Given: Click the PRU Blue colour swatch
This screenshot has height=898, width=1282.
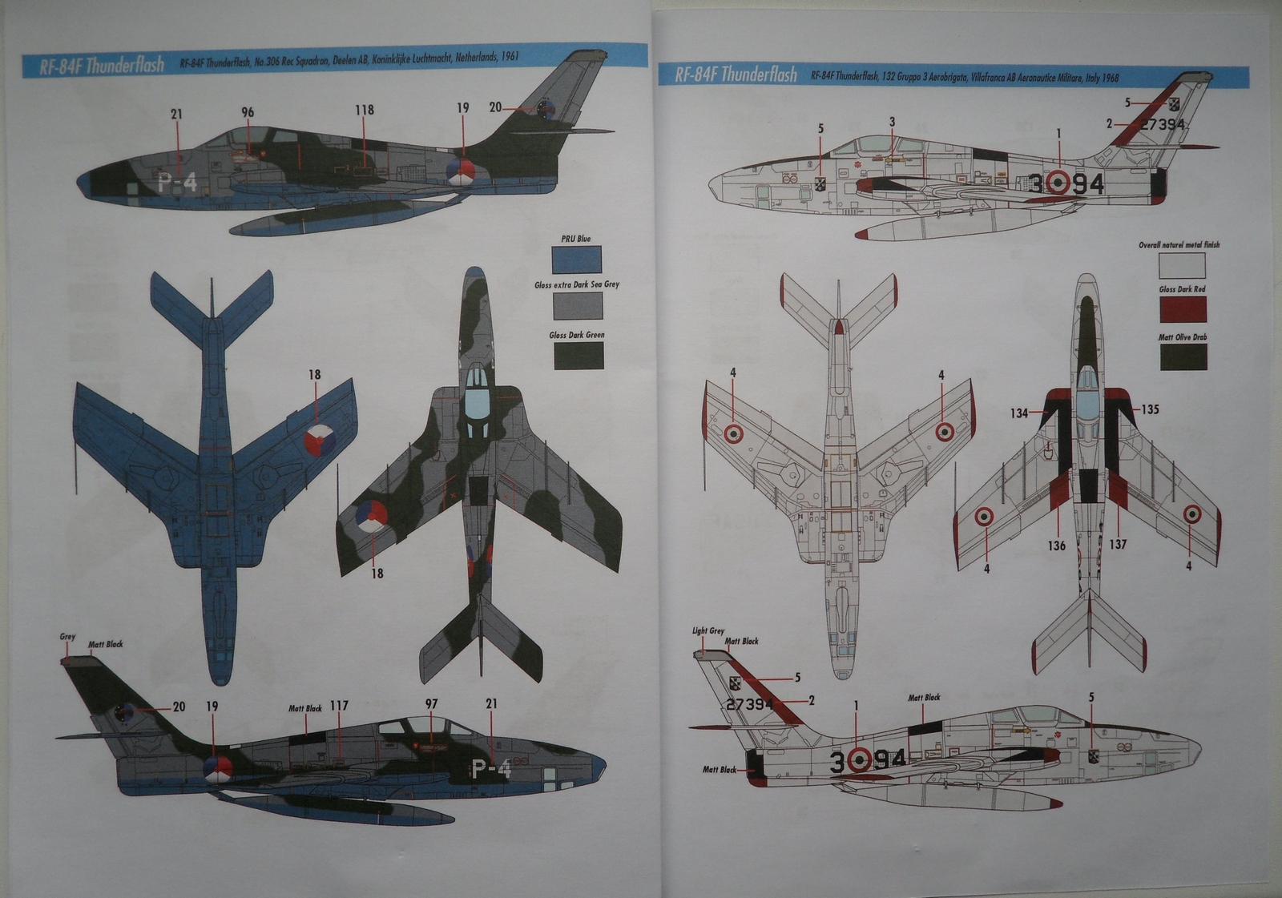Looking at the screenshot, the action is (576, 259).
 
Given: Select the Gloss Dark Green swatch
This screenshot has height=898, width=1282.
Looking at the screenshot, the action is (578, 355).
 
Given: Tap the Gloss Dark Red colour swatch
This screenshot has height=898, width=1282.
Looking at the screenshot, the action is (1182, 308).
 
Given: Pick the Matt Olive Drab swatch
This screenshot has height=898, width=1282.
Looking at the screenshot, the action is (1183, 356).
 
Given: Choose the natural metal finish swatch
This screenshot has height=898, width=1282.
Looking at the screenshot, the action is (1181, 264).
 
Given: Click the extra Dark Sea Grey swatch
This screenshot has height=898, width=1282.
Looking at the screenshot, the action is (577, 305).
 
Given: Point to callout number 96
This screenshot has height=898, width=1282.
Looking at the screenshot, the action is (248, 113).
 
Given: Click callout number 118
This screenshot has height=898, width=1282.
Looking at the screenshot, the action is (365, 110).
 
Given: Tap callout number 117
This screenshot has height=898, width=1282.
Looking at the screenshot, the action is (339, 706).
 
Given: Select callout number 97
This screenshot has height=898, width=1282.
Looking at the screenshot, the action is (431, 704).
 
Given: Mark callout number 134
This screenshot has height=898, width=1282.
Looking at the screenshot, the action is (1018, 413).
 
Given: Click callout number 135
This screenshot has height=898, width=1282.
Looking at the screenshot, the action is (1150, 409).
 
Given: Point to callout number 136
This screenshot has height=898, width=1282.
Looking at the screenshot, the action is (1057, 546).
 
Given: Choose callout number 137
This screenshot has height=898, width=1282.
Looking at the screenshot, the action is (1118, 544).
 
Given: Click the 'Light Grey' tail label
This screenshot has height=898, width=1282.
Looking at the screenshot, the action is (708, 630).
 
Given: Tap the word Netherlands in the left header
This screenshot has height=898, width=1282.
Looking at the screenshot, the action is (479, 58).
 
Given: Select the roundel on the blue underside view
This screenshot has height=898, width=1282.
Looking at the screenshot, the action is (319, 440).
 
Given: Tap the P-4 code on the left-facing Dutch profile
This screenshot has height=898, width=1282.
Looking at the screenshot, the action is (177, 183).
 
